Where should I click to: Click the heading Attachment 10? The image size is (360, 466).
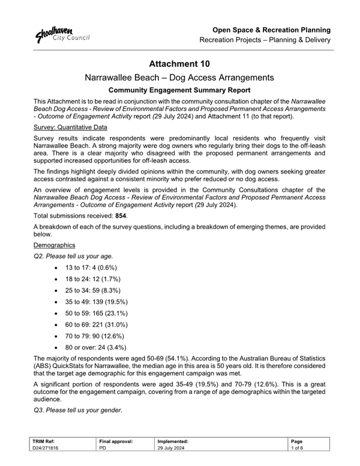coord(180,64)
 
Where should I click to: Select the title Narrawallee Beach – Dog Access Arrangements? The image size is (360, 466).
coord(180,77)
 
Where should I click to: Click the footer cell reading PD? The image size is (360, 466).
coord(102,448)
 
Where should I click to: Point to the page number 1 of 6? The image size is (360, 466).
coord(298,448)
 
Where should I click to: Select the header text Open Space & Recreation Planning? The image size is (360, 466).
coord(272,29)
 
